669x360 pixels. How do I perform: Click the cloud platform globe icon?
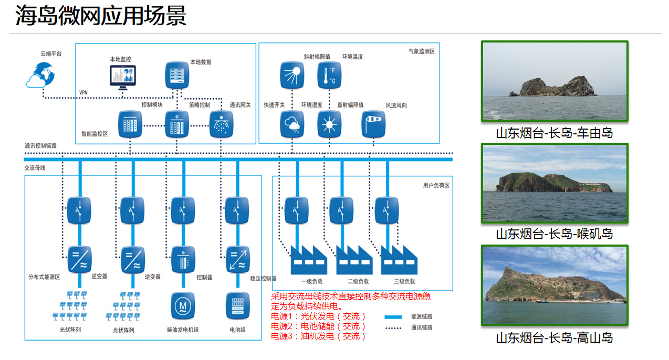pyautogui.click(x=40, y=75)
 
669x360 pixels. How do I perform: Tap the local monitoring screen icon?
pyautogui.click(x=122, y=77)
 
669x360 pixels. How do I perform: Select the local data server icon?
pyautogui.click(x=177, y=75)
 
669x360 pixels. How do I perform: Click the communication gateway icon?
pyautogui.click(x=222, y=124)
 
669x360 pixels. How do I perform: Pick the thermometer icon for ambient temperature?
pyautogui.click(x=329, y=75)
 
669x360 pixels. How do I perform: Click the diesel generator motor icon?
pyautogui.click(x=183, y=306)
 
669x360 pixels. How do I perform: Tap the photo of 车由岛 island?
pyautogui.click(x=555, y=81)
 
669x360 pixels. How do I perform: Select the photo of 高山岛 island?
pyautogui.click(x=555, y=285)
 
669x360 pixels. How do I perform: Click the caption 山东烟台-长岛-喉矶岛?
pyautogui.click(x=555, y=234)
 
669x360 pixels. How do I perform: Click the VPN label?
pyautogui.click(x=83, y=92)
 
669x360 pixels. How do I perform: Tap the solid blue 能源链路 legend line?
pyautogui.click(x=393, y=317)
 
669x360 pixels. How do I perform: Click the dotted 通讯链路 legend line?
pyautogui.click(x=393, y=327)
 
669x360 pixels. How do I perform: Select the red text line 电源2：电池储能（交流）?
pyautogui.click(x=318, y=326)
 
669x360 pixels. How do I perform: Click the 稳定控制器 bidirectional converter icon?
pyautogui.click(x=237, y=259)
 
